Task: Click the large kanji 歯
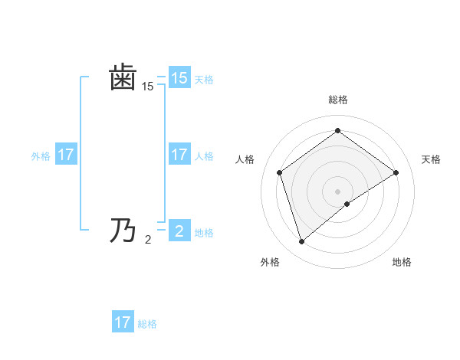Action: point(123,79)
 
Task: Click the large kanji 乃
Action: point(123,230)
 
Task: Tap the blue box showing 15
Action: point(179,78)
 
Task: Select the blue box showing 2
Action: point(179,231)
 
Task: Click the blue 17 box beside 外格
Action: point(65,155)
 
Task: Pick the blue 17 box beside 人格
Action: point(179,155)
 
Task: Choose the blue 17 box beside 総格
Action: point(123,322)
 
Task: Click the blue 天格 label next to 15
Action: point(204,79)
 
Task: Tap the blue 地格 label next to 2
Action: point(204,232)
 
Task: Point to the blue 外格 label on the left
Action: point(41,155)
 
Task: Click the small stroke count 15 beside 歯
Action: point(147,87)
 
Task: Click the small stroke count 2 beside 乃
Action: point(148,240)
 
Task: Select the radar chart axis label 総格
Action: point(337,100)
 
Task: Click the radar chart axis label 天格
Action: point(431,159)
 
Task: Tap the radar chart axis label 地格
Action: point(402,262)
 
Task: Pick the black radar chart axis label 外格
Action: point(270,262)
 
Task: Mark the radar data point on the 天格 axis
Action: point(396,172)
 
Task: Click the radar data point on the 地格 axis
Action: point(347,204)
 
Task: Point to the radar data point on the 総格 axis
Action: point(337,131)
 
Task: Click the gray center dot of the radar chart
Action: point(337,190)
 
